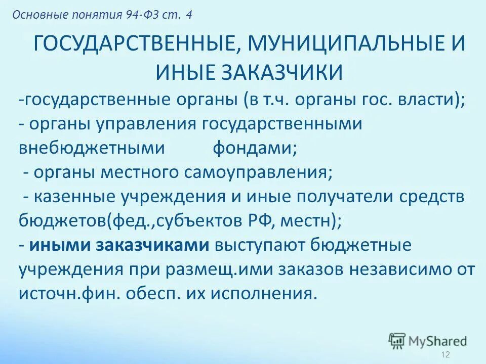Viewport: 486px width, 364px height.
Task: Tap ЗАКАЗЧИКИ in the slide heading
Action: click(285, 72)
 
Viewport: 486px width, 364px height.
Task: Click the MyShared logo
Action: click(428, 340)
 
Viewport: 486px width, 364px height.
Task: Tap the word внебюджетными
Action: click(92, 148)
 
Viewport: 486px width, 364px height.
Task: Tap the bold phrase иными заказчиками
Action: click(119, 245)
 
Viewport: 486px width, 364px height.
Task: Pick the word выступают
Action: click(256, 245)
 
